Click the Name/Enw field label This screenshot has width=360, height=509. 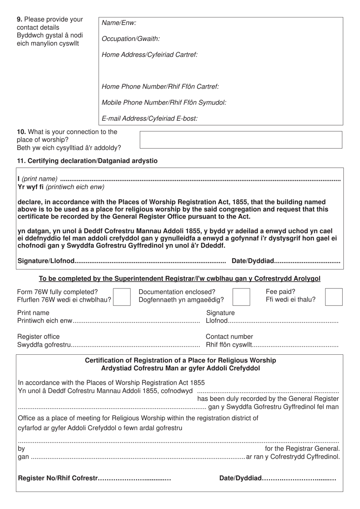pyautogui.click(x=119, y=23)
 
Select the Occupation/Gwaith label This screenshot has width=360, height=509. pyautogui.click(x=131, y=39)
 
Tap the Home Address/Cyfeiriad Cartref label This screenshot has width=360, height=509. pyautogui.click(x=150, y=55)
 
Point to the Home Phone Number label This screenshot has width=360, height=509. pyautogui.click(x=160, y=86)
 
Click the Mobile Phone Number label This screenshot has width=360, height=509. pyautogui.click(x=164, y=102)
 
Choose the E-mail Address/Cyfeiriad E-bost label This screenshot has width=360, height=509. pyautogui.click(x=150, y=118)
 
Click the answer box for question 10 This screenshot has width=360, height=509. pyautogui.click(x=241, y=140)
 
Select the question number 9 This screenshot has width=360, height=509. pyautogui.click(x=20, y=19)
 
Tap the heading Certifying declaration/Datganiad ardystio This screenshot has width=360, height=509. pyautogui.click(x=87, y=161)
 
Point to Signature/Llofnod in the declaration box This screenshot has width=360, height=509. pyautogui.click(x=46, y=261)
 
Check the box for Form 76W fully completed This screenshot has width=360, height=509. pyautogui.click(x=122, y=297)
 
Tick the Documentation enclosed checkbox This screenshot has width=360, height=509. pyautogui.click(x=241, y=297)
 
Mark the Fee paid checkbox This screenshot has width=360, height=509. pyautogui.click(x=333, y=297)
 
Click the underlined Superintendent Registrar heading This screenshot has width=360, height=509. pyautogui.click(x=180, y=279)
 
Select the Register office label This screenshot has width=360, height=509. pyautogui.click(x=38, y=337)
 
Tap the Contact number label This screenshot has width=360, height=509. pyautogui.click(x=229, y=337)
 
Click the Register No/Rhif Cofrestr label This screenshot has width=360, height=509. pyautogui.click(x=58, y=478)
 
